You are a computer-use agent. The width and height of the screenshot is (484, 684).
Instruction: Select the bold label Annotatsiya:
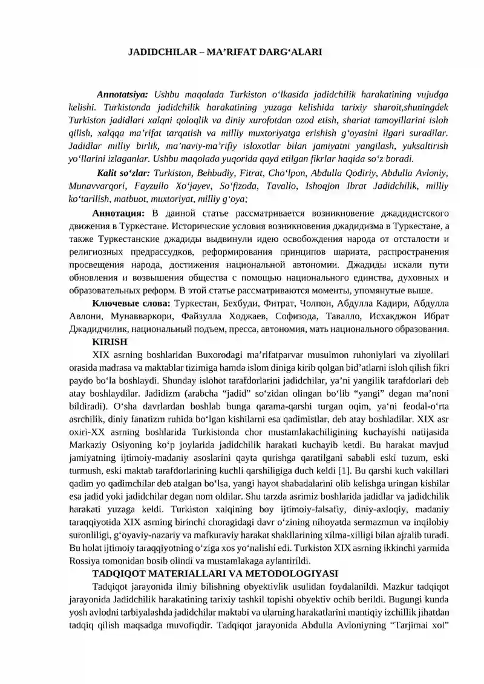123,95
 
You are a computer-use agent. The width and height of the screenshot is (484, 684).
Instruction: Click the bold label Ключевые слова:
131,303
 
